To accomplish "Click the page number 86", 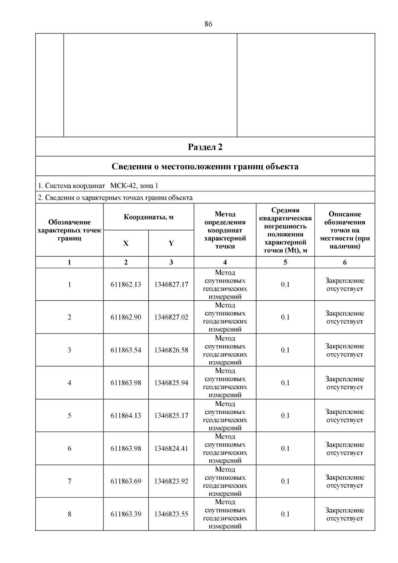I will click(208, 24).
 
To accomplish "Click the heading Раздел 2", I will click(205, 147).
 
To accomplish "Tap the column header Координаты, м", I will click(149, 217).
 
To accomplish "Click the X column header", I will click(126, 244).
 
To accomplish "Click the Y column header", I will click(171, 244).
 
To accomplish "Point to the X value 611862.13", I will click(126, 285).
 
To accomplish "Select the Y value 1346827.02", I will click(171, 317).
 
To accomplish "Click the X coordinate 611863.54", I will click(126, 350).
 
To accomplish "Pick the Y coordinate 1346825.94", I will click(171, 383).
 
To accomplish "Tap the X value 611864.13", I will click(126, 416).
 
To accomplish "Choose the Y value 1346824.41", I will click(171, 449).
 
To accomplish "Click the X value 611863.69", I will click(126, 481).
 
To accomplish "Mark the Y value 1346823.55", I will click(171, 514).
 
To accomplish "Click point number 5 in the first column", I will click(69, 416).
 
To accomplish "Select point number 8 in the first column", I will click(69, 514).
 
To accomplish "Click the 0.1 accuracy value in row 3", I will click(285, 350).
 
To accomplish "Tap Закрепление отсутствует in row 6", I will click(345, 449).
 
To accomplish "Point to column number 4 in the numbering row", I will click(225, 262).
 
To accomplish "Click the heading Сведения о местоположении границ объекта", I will click(205, 167).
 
